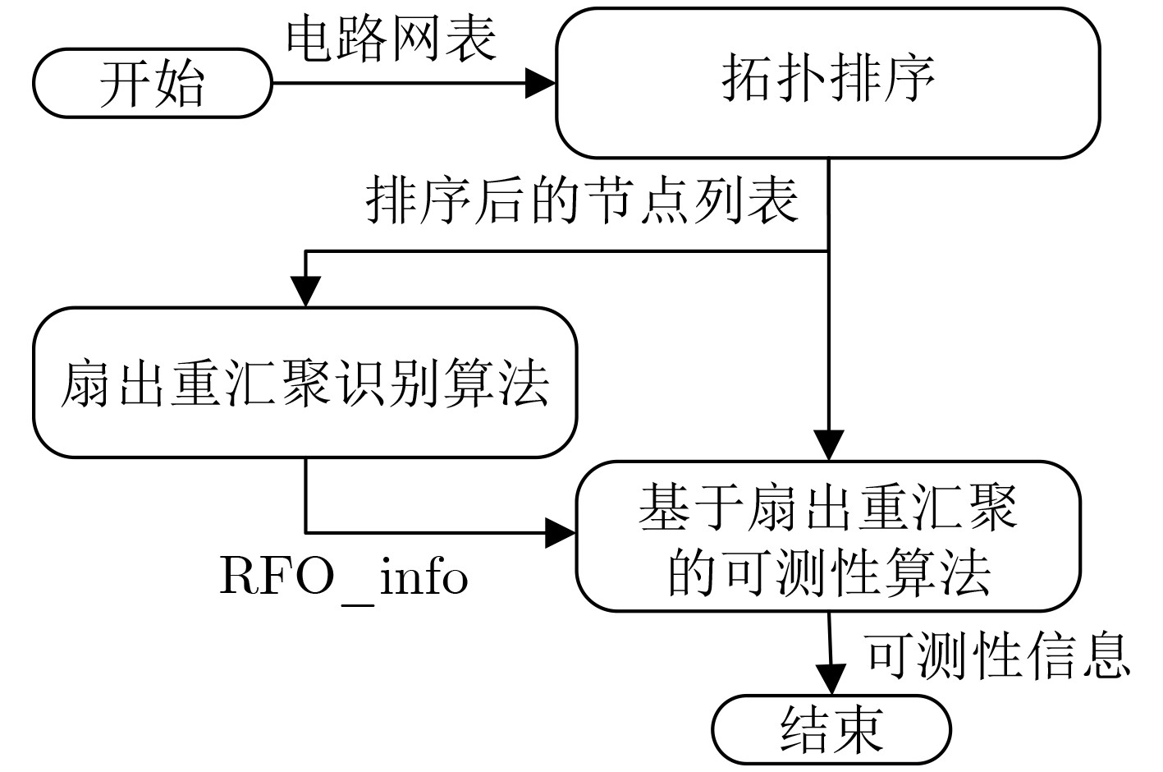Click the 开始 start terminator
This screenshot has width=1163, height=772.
pyautogui.click(x=153, y=83)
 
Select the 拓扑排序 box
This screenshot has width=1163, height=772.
pyautogui.click(x=828, y=82)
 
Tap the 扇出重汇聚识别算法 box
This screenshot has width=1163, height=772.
pyautogui.click(x=304, y=383)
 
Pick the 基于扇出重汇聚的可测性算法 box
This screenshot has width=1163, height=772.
pyautogui.click(x=828, y=536)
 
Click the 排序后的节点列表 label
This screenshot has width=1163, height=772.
pyautogui.click(x=583, y=200)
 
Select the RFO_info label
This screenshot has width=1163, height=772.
pyautogui.click(x=343, y=577)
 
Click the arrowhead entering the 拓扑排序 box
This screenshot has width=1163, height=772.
pyautogui.click(x=541, y=82)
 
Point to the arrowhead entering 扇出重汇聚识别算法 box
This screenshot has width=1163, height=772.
pyautogui.click(x=305, y=291)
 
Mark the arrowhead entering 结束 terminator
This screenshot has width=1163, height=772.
pyautogui.click(x=831, y=680)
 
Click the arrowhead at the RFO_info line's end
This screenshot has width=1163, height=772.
pyautogui.click(x=561, y=535)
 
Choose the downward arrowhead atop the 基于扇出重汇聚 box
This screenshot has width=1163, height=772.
pyautogui.click(x=829, y=444)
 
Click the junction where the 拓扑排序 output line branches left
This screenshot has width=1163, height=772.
pyautogui.click(x=828, y=251)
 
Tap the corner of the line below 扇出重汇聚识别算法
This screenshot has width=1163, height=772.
pyautogui.click(x=306, y=534)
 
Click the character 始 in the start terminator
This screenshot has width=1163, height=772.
pyautogui.click(x=179, y=84)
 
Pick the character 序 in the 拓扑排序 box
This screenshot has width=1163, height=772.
pyautogui.click(x=909, y=79)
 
